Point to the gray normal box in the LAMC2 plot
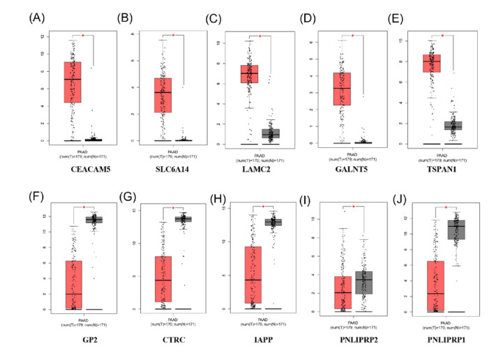271,133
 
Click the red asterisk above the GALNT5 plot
352,36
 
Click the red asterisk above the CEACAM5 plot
82,35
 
